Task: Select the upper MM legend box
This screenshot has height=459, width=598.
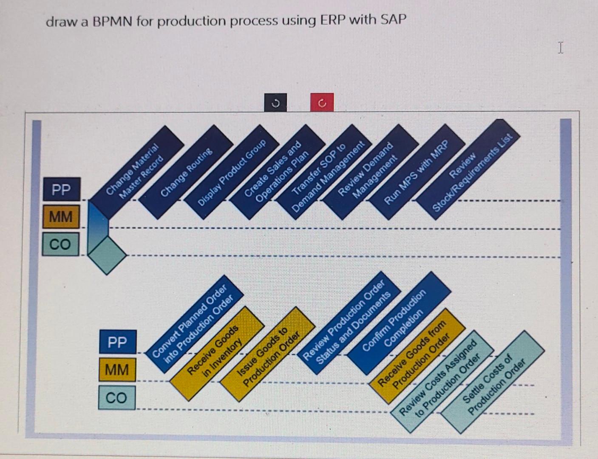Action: (61, 217)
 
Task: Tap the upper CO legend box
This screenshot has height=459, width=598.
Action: (60, 244)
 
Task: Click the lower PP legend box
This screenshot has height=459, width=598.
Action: (117, 342)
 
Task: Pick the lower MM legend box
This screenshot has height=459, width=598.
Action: (117, 370)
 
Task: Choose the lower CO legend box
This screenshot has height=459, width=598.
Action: (116, 398)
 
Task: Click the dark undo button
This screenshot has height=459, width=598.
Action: (275, 103)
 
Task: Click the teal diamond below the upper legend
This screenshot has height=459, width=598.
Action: (107, 255)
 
